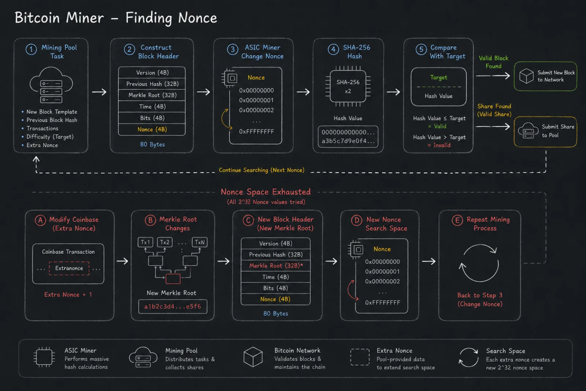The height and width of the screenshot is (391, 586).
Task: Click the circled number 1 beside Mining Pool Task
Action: tap(31, 49)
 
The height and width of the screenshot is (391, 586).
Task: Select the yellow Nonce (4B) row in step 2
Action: tap(152, 129)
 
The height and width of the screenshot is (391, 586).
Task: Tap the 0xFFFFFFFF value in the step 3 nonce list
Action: tap(256, 132)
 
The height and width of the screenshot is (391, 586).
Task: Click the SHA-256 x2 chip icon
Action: tap(348, 86)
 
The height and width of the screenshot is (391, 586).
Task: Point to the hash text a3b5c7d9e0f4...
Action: tap(348, 141)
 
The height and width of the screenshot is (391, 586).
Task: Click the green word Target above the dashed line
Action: tap(439, 77)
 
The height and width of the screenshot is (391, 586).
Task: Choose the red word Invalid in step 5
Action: tap(442, 145)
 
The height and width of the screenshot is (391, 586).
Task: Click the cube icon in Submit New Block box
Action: tap(526, 76)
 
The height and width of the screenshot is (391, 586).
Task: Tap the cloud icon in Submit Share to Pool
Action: tap(528, 130)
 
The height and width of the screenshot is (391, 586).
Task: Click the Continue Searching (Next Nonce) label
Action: tap(262, 170)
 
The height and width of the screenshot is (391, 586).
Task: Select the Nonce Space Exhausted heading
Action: tap(266, 192)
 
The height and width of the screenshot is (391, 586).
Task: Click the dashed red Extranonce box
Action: tap(69, 268)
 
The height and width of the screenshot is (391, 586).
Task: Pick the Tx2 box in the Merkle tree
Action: tap(165, 242)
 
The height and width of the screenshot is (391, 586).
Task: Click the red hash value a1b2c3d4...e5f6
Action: tap(173, 306)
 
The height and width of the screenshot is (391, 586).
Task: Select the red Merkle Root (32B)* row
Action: tap(276, 266)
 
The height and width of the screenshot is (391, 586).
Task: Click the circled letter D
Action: tap(356, 220)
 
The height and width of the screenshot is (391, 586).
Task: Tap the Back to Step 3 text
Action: tap(480, 295)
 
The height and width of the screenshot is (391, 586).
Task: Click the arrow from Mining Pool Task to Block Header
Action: tap(99, 92)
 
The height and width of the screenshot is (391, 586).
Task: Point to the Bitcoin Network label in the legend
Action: tap(297, 350)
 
